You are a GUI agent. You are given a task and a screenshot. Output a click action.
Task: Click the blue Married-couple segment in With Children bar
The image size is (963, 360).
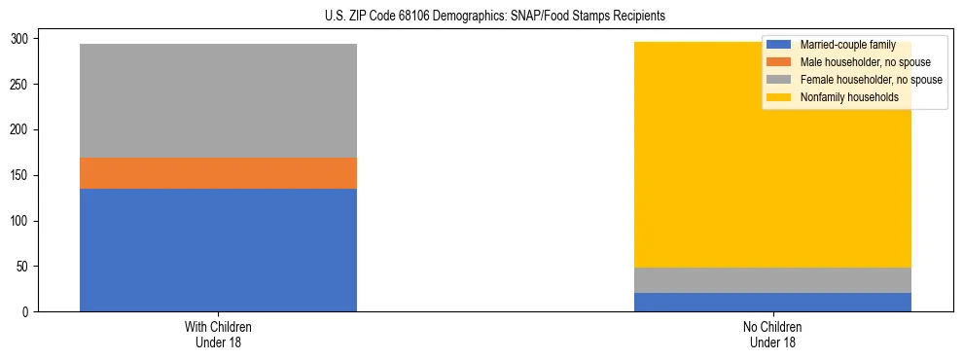click(x=218, y=250)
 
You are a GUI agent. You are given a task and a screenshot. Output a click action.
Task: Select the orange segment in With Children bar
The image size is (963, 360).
click(x=218, y=173)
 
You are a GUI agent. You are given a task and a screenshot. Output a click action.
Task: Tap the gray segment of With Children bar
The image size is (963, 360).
click(x=218, y=100)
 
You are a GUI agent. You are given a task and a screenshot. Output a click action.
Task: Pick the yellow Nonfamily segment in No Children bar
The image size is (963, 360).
click(x=681, y=155)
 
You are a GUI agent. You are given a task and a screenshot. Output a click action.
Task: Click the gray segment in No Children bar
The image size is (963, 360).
click(x=772, y=280)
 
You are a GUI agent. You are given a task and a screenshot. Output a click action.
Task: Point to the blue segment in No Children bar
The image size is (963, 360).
click(x=772, y=302)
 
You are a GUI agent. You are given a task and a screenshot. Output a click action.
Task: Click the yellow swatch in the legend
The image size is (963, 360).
click(x=779, y=97)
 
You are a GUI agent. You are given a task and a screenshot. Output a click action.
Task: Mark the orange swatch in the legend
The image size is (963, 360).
click(x=779, y=62)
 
